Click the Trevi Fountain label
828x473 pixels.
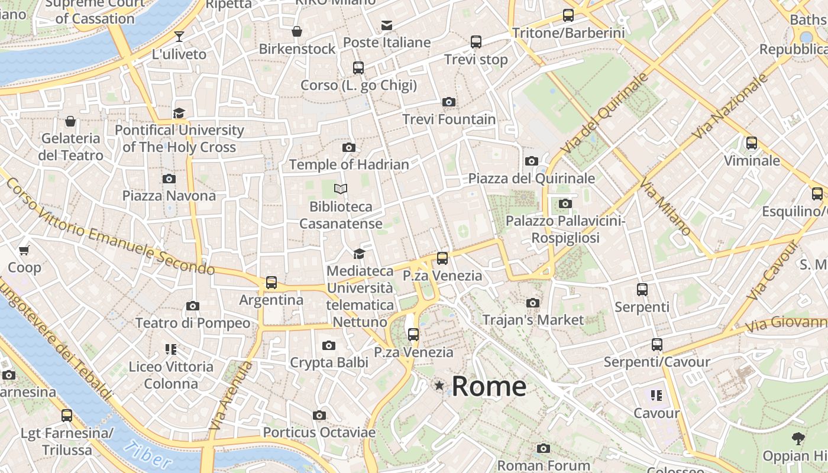click(x=449, y=119)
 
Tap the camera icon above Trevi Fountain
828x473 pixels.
click(x=449, y=102)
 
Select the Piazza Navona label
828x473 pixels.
click(x=169, y=196)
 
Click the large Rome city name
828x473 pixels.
click(x=489, y=387)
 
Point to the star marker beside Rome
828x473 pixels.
click(x=439, y=386)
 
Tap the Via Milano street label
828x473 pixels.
click(x=665, y=208)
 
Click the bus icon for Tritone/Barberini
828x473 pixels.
click(x=568, y=15)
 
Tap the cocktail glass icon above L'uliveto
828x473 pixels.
click(x=179, y=37)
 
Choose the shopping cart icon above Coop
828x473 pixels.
click(x=24, y=251)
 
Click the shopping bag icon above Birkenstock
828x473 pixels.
click(x=297, y=31)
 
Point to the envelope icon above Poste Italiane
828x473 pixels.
click(x=387, y=25)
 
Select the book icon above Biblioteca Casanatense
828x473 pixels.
click(x=341, y=189)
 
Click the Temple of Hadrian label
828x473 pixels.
click(x=349, y=164)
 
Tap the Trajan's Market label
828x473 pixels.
click(x=533, y=320)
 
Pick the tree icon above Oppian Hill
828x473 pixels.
click(x=798, y=439)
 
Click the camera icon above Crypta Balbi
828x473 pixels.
click(x=329, y=345)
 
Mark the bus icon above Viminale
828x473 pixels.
click(x=752, y=143)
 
